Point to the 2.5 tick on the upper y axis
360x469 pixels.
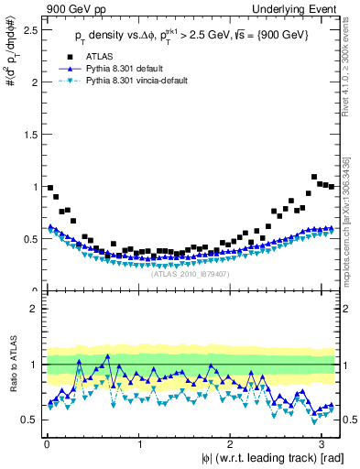pos(28,29)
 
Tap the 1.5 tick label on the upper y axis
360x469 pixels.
pos(28,134)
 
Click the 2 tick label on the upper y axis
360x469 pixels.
pos(33,82)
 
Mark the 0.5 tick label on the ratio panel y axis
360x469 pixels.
pos(28,420)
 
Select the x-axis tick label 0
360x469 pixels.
pos(46,444)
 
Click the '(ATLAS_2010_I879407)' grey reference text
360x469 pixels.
pos(190,273)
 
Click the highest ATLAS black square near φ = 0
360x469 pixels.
pos(50,188)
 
